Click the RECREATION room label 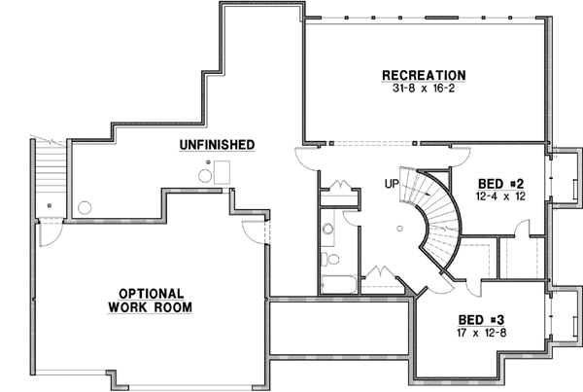pos(424,75)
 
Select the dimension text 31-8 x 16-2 pos(424,89)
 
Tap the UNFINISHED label pos(217,145)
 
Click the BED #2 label pos(501,184)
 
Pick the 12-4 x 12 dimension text pos(501,196)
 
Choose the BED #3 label pos(482,318)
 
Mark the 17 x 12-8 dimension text pos(482,331)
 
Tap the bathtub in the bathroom pos(336,285)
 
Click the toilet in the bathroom pos(326,260)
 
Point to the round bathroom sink pos(327,232)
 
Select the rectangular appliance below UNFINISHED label pos(223,172)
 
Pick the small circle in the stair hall pos(397,231)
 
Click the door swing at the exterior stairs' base pos(49,231)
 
